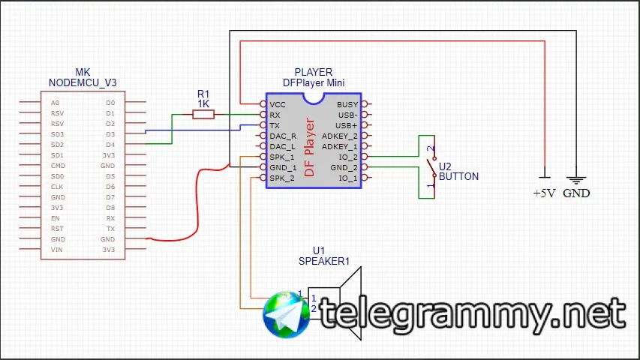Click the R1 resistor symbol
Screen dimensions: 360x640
coord(203,114)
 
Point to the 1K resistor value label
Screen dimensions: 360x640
coord(203,103)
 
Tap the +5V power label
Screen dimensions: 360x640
coord(544,193)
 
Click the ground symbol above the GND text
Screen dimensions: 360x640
coord(576,180)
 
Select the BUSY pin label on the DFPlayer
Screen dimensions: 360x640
coord(347,104)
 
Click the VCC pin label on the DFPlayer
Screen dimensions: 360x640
coord(278,104)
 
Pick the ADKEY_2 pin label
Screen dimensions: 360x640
coord(340,136)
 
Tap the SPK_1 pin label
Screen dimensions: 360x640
coord(282,157)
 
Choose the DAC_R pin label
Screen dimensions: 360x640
coord(283,136)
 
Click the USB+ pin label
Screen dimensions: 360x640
coord(347,125)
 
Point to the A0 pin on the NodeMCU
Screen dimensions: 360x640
coord(55,103)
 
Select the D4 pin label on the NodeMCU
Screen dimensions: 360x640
coord(110,144)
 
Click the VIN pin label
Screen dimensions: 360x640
coord(56,249)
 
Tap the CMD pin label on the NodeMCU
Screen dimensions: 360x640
coord(58,165)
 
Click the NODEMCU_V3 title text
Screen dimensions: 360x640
coord(83,82)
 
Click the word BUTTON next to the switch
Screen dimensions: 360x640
coord(458,177)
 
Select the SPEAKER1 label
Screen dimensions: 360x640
coord(324,261)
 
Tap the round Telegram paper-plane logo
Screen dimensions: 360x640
coord(287,315)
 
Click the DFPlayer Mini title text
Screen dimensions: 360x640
coord(314,82)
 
